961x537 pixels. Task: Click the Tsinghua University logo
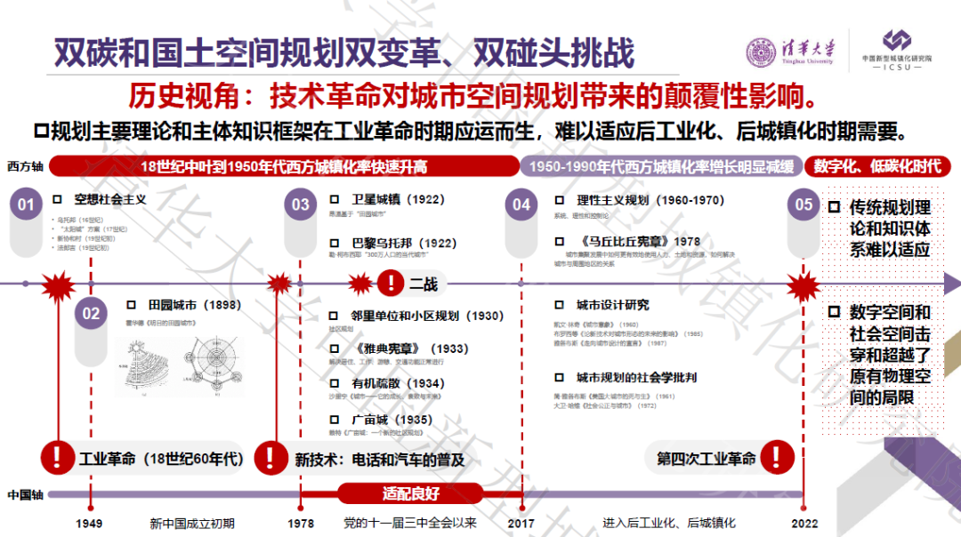(790, 51)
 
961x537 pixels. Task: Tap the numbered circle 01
(26, 205)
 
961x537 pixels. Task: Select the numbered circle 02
(91, 313)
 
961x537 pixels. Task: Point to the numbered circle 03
(301, 204)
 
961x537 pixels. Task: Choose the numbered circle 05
(804, 204)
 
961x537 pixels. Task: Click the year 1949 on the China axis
(89, 524)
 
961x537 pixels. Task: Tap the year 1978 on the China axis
(301, 524)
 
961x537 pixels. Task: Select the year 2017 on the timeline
(521, 524)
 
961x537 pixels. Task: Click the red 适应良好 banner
(411, 493)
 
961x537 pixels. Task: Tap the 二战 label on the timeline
(424, 285)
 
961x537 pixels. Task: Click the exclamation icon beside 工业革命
(58, 458)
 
